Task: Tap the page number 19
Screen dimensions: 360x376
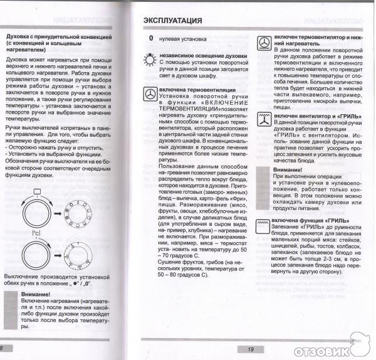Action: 250,349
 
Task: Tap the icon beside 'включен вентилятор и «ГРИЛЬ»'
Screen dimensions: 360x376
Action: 263,120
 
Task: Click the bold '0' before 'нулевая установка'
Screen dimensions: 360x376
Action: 150,39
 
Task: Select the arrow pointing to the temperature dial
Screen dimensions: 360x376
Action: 56,257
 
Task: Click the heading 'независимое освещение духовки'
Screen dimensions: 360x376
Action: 194,56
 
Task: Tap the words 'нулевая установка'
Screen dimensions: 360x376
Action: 182,39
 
